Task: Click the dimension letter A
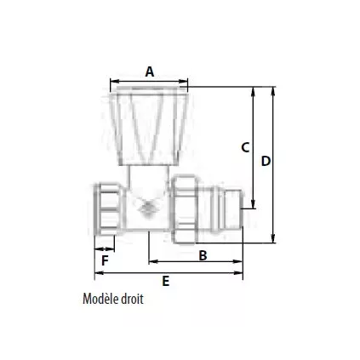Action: pyautogui.click(x=150, y=72)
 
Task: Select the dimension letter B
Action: pyautogui.click(x=203, y=254)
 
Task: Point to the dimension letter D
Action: pyautogui.click(x=265, y=161)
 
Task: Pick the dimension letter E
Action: pyautogui.click(x=165, y=280)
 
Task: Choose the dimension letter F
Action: pyautogui.click(x=104, y=260)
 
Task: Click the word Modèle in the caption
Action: pyautogui.click(x=103, y=300)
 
